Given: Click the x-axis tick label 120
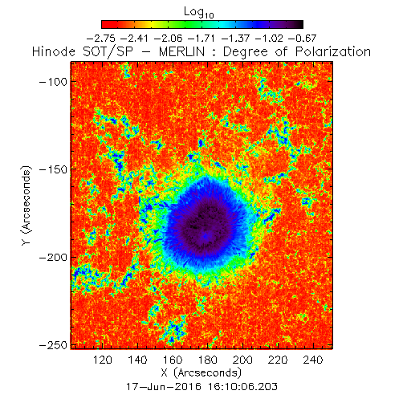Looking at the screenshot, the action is point(103,360).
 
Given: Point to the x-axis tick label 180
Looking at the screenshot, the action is point(208,360).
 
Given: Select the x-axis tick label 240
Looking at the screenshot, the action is point(313,360).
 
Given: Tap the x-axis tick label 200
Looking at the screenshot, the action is point(242,360).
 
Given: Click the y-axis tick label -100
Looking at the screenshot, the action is point(53,82).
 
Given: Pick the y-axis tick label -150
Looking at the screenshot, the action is point(53,169).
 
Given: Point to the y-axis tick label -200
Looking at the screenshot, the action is point(53,258).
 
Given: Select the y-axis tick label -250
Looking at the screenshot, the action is point(53,345).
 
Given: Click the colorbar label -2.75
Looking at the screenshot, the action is point(101,39).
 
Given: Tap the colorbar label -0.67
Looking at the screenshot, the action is point(303,39).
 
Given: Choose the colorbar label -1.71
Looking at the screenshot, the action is point(201,39).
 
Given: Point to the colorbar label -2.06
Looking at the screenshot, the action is point(168,39).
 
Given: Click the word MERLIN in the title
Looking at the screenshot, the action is point(182,51).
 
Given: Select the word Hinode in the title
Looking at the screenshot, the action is point(54,51).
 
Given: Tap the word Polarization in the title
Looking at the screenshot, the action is point(333,51).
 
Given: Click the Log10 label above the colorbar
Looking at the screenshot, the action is point(199,12).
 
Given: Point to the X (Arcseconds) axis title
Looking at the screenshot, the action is point(201,372).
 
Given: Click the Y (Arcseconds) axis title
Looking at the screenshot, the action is point(26,205).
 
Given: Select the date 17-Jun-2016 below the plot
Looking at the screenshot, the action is point(164,387).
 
